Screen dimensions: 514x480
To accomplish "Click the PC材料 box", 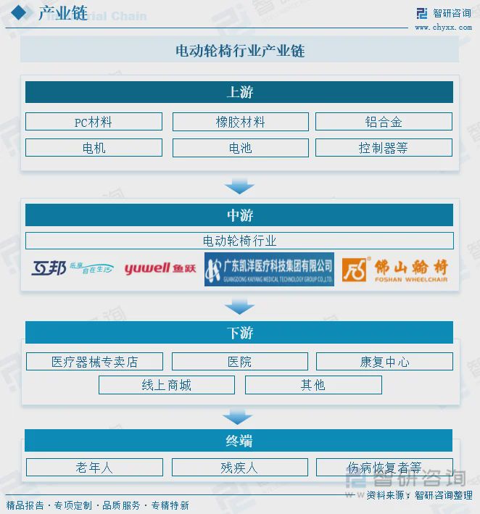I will click(94, 122).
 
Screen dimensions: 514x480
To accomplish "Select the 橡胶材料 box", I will click(240, 122).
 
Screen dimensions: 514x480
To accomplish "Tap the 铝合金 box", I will click(384, 122).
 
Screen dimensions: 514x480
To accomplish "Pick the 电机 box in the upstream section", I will click(94, 148).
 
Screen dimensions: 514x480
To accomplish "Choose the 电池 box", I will click(240, 148).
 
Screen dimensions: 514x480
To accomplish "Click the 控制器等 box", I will click(384, 148).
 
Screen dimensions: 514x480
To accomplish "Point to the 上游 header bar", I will click(239, 92).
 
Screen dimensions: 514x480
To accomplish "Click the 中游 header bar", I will click(239, 215).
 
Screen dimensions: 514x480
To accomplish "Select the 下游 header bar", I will click(239, 333).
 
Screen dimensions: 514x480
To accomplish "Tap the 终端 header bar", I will click(239, 441).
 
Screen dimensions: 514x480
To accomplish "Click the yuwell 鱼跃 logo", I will click(160, 269).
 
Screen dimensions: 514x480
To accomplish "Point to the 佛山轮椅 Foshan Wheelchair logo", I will click(395, 269).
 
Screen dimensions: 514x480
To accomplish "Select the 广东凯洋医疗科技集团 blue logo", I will click(269, 269).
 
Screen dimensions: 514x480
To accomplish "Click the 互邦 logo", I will click(73, 269).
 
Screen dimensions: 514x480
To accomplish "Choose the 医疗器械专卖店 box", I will click(94, 362).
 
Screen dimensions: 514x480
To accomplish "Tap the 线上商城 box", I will click(167, 385).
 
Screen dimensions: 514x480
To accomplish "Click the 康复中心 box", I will click(384, 362).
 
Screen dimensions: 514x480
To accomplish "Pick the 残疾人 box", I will click(239, 468).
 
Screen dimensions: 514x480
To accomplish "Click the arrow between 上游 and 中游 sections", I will click(239, 187).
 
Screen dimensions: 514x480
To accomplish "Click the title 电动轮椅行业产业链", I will click(239, 51).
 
